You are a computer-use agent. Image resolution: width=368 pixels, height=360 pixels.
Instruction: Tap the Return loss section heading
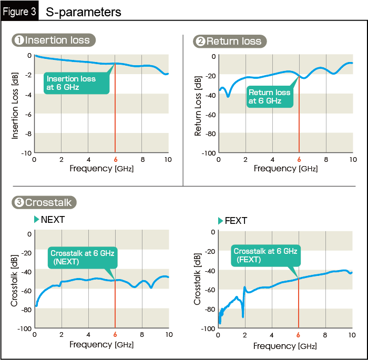230,41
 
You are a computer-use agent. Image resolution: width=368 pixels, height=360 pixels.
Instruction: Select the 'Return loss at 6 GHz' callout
269,97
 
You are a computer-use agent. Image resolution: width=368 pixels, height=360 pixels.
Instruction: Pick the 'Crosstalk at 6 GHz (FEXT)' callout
264,255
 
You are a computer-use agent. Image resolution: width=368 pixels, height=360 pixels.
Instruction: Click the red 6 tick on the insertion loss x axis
115,159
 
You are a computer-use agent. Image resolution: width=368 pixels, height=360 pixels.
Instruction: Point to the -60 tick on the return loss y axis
209,114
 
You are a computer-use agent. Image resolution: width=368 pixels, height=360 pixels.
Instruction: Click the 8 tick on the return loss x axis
326,159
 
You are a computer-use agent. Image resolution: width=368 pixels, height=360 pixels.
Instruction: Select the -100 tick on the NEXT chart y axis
24,328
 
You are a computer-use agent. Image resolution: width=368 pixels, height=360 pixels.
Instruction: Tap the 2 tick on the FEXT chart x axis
245,335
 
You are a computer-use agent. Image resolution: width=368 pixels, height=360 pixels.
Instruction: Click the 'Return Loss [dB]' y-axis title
198,106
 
